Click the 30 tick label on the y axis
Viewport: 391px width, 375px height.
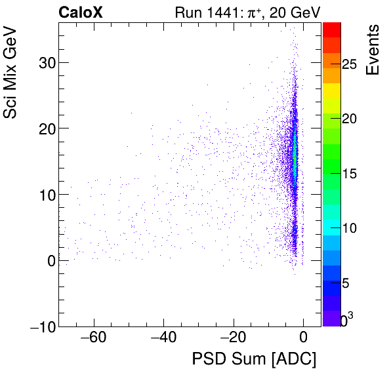pos(44,63)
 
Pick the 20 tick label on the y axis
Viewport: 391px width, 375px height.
pos(44,128)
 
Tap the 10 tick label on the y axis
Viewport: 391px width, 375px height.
pos(44,195)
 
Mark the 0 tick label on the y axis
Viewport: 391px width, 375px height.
pos(49,261)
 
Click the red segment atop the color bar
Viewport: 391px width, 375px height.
pos(332,29)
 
